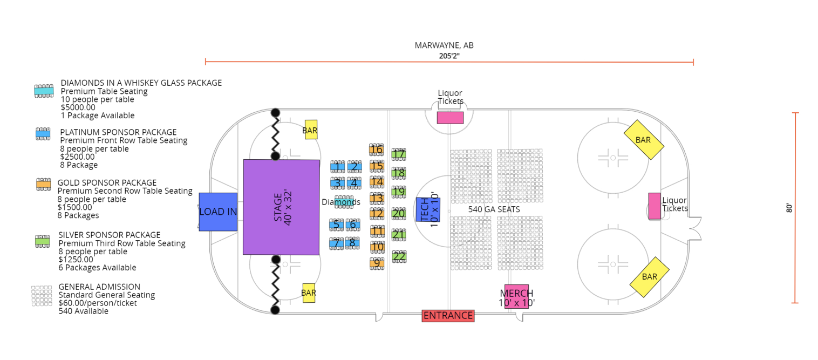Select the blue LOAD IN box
coord(218,212)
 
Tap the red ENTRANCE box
coord(448,316)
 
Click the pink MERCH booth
coord(516,296)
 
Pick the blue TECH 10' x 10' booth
coord(428,209)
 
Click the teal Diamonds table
coord(344,202)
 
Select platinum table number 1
coord(337,166)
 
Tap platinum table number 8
coord(352,243)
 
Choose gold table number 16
coord(377,150)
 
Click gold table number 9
coord(377,263)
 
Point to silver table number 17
coord(399,154)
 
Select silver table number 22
coord(399,256)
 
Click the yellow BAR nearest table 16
coord(311,130)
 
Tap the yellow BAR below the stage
coord(309,293)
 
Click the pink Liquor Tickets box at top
coord(450,118)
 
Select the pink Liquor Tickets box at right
coord(655,206)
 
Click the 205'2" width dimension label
coord(449,56)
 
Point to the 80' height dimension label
coord(788,207)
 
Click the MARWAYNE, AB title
coord(444,45)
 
